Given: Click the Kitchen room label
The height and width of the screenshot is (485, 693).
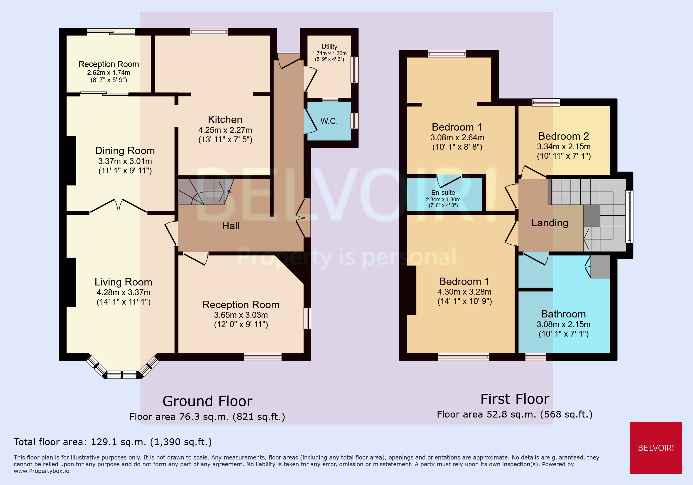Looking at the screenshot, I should point(225,119).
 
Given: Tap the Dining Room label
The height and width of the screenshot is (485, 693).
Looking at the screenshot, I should point(125,151).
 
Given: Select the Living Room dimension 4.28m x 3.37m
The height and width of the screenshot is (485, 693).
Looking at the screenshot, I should point(124,292).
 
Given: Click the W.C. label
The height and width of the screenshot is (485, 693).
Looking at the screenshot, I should point(329,121).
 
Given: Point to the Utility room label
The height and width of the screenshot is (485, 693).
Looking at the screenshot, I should point(329,47).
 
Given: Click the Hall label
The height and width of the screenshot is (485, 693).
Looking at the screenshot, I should point(231,226).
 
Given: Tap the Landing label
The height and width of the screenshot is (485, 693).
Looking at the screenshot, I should point(550,223).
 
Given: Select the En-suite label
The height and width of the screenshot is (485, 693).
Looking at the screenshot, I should point(443,192).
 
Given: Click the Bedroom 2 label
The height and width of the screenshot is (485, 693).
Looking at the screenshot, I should point(564,136).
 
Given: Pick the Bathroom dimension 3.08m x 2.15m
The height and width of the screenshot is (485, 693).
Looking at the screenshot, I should point(563,324).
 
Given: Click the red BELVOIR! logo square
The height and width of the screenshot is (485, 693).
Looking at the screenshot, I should point(655,447).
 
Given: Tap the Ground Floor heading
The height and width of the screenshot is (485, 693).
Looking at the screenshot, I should point(207,401).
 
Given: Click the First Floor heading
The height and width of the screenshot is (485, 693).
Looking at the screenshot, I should point(515,399).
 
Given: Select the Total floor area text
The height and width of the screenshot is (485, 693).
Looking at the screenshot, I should point(113,442).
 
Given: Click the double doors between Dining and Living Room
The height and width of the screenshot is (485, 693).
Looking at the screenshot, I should point(118,207).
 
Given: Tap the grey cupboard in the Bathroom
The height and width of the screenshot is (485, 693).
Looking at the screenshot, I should point(600,267).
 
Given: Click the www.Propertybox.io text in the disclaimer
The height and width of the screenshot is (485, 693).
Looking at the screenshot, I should point(41,471).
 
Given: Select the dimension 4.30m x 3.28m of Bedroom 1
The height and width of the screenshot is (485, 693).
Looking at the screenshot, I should point(464,292).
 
